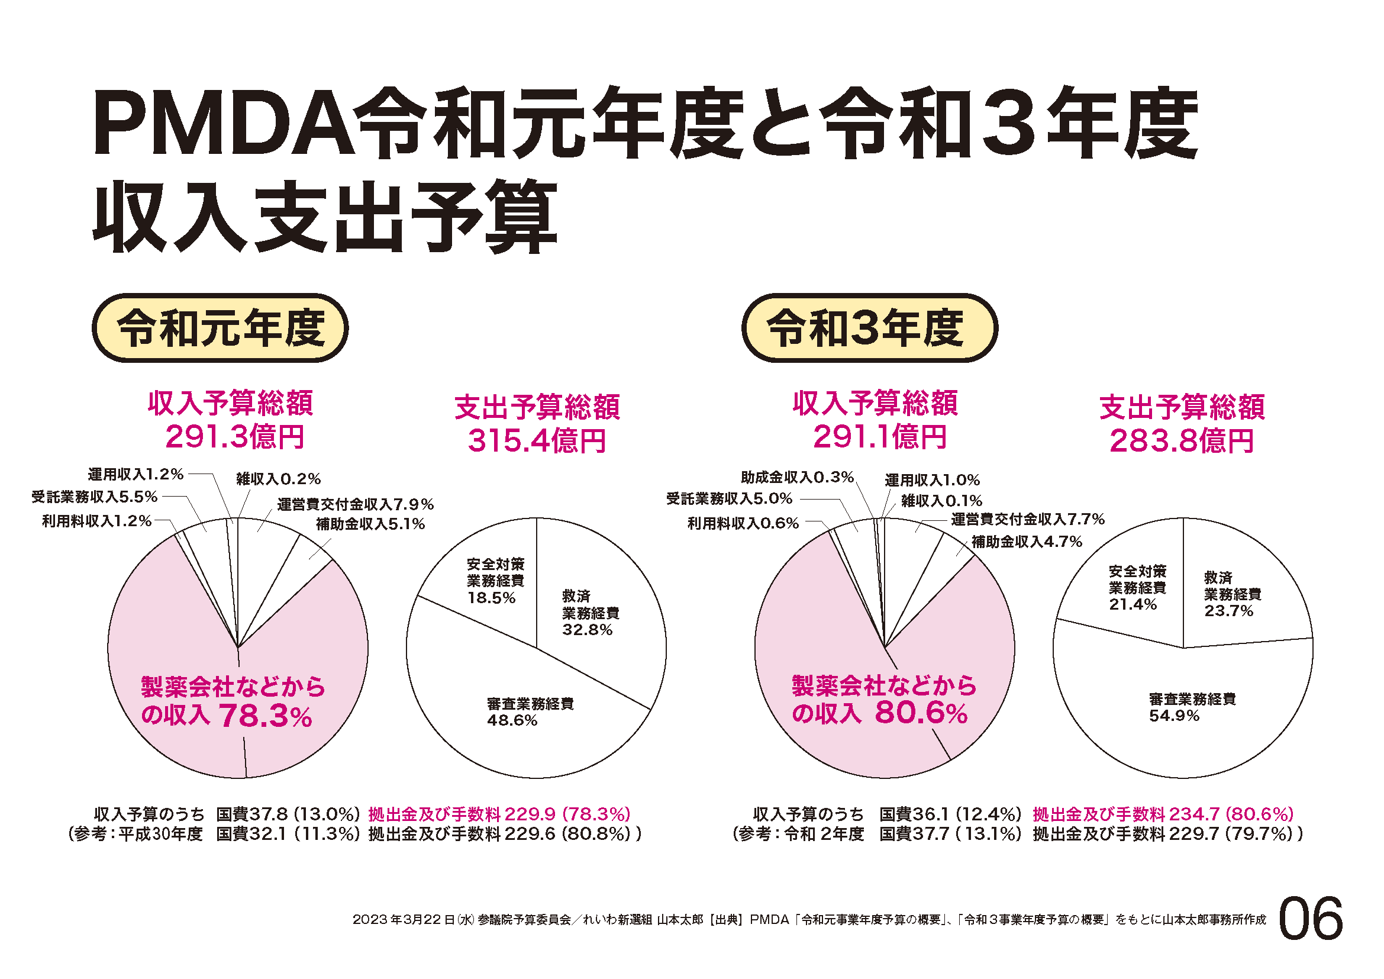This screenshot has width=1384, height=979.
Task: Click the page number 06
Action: (1311, 919)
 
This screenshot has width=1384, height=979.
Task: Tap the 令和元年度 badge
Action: (220, 328)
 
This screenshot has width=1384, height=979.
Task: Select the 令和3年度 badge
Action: (869, 328)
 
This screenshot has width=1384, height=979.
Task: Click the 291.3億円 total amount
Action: (234, 437)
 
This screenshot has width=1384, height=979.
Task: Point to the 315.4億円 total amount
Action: (537, 441)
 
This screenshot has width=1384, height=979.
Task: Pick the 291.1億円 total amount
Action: (879, 437)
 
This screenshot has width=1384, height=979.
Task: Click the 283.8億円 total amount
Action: (1182, 441)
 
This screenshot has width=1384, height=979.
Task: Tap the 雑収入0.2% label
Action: (278, 479)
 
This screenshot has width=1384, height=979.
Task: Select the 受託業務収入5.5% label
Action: (95, 497)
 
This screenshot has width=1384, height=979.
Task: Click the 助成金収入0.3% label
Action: (797, 478)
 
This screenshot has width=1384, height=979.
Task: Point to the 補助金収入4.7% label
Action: (1027, 542)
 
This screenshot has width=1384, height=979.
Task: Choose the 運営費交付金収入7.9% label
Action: (355, 504)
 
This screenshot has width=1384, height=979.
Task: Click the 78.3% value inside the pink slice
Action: (265, 716)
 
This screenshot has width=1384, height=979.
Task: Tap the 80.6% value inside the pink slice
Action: (921, 713)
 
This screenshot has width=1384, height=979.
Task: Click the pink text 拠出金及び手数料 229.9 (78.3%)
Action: (499, 814)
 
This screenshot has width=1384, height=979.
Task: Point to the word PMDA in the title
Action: (223, 124)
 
